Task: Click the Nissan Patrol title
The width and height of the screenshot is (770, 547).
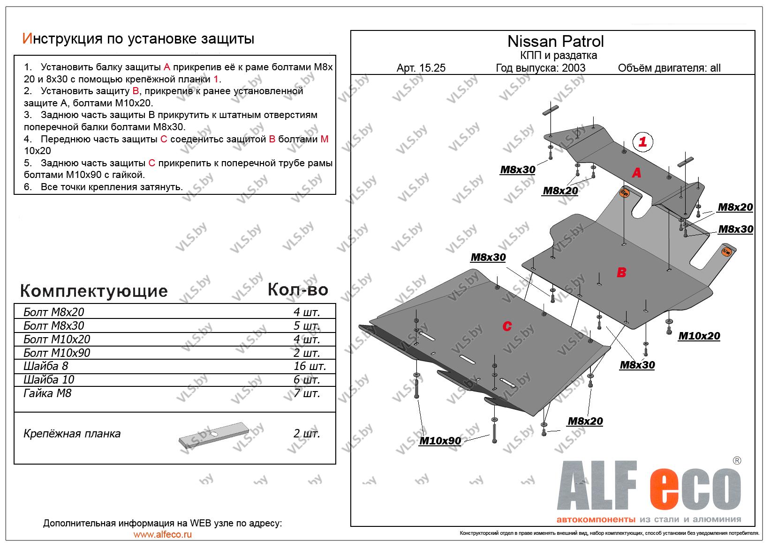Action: point(556,42)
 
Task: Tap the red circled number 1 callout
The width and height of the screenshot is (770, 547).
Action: point(642,141)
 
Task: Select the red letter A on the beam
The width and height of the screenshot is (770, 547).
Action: point(636,173)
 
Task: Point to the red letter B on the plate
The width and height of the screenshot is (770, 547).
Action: point(621,272)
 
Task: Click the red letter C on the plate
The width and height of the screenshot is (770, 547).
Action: point(507,326)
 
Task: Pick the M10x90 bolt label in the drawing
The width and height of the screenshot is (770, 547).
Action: point(440,441)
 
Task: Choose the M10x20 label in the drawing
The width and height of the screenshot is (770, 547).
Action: point(699,336)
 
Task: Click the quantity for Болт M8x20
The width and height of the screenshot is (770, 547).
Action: point(307,312)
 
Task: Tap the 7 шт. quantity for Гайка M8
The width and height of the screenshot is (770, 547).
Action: point(307,393)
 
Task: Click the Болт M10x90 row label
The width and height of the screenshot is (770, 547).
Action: point(57,353)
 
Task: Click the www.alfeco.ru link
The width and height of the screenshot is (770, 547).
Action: point(162,534)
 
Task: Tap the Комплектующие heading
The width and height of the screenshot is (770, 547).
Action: point(94,291)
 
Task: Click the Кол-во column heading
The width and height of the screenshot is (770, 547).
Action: point(298,290)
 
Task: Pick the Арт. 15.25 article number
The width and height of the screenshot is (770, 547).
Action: point(421,68)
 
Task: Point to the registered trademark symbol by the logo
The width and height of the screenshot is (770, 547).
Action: point(737,460)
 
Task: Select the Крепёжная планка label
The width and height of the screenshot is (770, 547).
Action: point(72,434)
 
